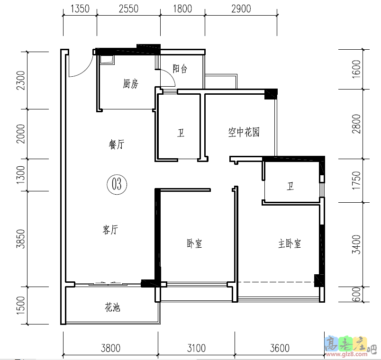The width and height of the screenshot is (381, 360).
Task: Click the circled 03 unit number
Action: click(x=117, y=184)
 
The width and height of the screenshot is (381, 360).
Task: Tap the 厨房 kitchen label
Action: click(x=130, y=84)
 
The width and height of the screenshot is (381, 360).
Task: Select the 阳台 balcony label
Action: click(x=180, y=69)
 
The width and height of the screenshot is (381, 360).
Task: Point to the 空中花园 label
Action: click(x=244, y=132)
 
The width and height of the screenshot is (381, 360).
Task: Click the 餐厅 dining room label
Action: click(x=116, y=145)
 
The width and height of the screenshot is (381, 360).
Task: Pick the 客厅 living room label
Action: click(x=110, y=230)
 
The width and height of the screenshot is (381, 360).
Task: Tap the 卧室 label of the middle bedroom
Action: click(x=194, y=243)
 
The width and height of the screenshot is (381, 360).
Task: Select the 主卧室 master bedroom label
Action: click(x=290, y=243)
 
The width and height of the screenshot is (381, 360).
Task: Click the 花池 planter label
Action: click(x=112, y=307)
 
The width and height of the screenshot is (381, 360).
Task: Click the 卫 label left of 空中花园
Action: click(x=181, y=133)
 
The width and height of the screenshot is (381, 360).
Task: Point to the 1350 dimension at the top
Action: click(x=80, y=8)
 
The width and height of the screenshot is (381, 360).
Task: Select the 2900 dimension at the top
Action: click(x=241, y=8)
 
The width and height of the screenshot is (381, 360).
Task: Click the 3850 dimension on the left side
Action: click(x=20, y=239)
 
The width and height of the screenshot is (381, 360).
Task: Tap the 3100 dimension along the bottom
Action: click(x=196, y=349)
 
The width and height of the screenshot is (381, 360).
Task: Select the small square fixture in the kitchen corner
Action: click(x=107, y=59)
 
